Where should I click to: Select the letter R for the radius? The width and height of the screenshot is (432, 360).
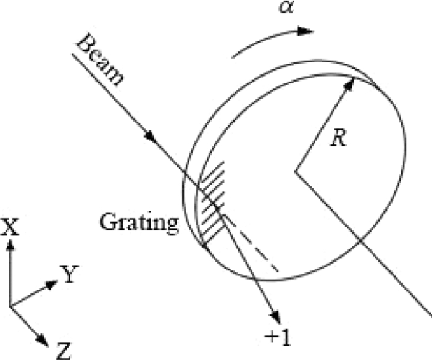tap(337, 138)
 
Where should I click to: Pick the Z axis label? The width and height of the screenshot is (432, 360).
tap(64, 351)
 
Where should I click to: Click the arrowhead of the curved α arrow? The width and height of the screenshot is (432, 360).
tap(304, 30)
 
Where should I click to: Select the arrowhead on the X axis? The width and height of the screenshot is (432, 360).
tap(10, 245)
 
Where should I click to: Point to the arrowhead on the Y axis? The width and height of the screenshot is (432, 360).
tap(52, 285)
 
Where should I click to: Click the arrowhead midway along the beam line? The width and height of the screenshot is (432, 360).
tap(149, 135)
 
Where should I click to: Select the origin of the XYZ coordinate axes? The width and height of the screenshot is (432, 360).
tap(10, 306)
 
